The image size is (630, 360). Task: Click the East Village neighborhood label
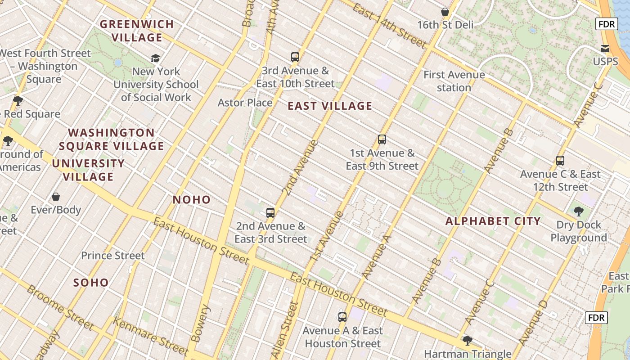pyautogui.click(x=330, y=106)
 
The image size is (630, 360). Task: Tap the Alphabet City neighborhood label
pyautogui.click(x=493, y=221)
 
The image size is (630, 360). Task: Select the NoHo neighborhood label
pyautogui.click(x=192, y=200)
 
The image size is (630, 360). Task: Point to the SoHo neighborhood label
pyautogui.click(x=91, y=283)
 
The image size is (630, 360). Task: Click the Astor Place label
pyautogui.click(x=245, y=103)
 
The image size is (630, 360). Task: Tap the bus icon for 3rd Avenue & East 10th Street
pyautogui.click(x=295, y=57)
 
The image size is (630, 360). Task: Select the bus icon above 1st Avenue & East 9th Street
pyautogui.click(x=382, y=139)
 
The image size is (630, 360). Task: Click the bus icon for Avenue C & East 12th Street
pyautogui.click(x=560, y=161)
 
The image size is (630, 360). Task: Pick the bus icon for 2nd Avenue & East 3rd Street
pyautogui.click(x=270, y=213)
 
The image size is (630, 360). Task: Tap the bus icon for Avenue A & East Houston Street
pyautogui.click(x=342, y=317)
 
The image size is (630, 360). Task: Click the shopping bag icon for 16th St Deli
pyautogui.click(x=445, y=12)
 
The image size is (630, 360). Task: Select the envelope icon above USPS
pyautogui.click(x=605, y=48)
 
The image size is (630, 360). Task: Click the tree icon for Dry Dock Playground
pyautogui.click(x=579, y=211)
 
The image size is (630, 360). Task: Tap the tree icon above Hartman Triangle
pyautogui.click(x=468, y=341)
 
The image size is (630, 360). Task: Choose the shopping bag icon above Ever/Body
pyautogui.click(x=56, y=197)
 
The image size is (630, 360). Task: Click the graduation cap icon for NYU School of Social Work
pyautogui.click(x=156, y=58)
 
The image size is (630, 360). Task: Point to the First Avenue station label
pyautogui.click(x=454, y=81)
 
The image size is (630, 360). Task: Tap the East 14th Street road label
pyautogui.click(x=389, y=25)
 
